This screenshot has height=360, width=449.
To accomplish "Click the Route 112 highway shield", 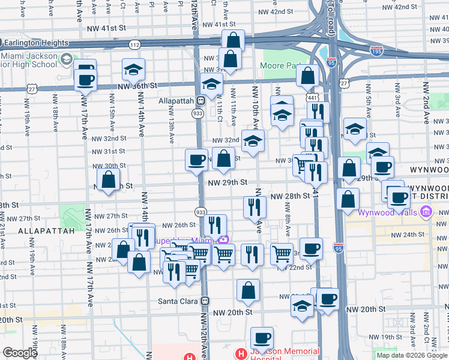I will pyautogui.click(x=134, y=45).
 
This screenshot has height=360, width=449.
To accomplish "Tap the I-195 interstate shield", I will pyautogui.click(x=376, y=51).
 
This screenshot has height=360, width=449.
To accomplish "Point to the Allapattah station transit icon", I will pyautogui.click(x=203, y=101).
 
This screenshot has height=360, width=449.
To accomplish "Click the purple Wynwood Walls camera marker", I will pyautogui.click(x=426, y=212).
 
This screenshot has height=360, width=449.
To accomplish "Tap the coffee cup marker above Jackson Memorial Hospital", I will pyautogui.click(x=262, y=337).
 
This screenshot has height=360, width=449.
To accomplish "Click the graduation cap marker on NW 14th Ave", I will pyautogui.click(x=133, y=70).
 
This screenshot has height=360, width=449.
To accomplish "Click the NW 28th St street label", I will pyautogui.click(x=289, y=196).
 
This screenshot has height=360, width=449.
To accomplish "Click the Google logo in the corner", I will pyautogui.click(x=20, y=353).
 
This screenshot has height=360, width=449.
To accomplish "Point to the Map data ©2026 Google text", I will pyautogui.click(x=412, y=355).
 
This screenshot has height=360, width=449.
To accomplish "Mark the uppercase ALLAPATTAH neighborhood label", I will pyautogui.click(x=46, y=230).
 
